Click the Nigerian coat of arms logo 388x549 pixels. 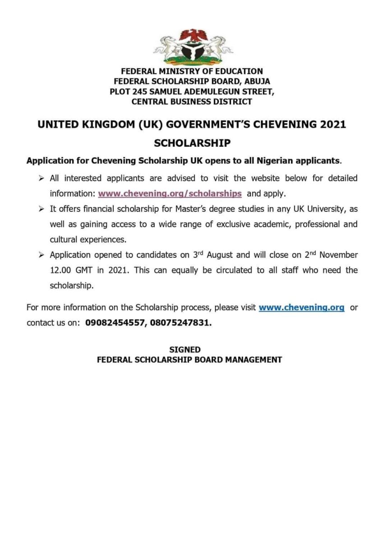(193, 47)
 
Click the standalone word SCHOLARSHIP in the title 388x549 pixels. (192, 143)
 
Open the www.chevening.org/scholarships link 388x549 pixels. (170, 193)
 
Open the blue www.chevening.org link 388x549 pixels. (301, 307)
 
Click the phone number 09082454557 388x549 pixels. (114, 323)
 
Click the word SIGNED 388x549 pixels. (185, 349)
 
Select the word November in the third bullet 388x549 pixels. (339, 255)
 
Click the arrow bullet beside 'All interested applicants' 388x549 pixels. (41, 178)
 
